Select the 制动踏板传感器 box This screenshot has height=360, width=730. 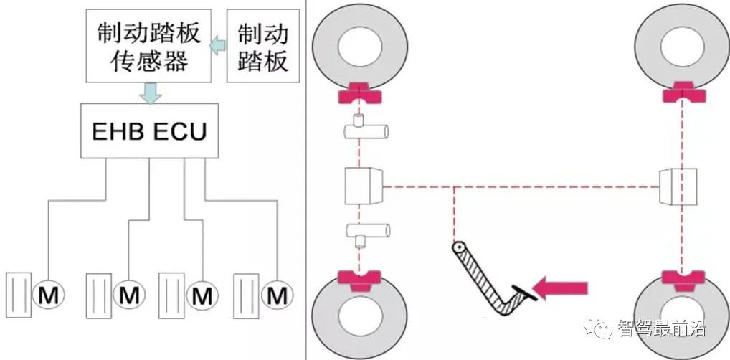[x=147, y=47]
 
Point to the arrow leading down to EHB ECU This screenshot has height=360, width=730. [x=151, y=92]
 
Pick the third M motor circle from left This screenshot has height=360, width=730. [x=202, y=294]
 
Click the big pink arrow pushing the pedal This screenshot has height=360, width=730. [x=564, y=289]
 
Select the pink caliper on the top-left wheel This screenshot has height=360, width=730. [x=356, y=93]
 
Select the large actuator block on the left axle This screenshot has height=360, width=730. [x=361, y=187]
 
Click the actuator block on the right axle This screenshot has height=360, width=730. [x=678, y=186]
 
